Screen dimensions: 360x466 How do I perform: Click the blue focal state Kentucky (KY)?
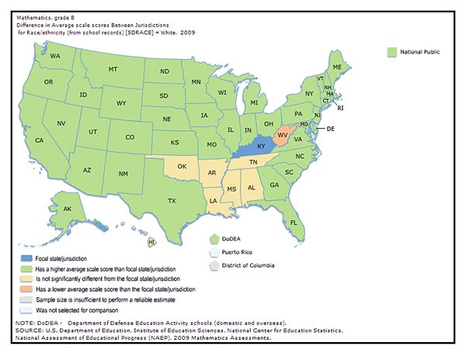tap(262, 147)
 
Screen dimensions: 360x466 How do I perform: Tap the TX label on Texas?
tap(172, 200)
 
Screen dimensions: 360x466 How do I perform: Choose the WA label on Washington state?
tap(55, 57)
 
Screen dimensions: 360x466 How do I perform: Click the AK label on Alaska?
tap(68, 209)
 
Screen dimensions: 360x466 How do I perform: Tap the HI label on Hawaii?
tap(152, 243)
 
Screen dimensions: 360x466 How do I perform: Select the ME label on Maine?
tap(337, 67)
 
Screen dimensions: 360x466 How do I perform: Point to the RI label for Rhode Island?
tap(339, 108)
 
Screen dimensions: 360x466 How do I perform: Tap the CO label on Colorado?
tap(130, 137)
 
